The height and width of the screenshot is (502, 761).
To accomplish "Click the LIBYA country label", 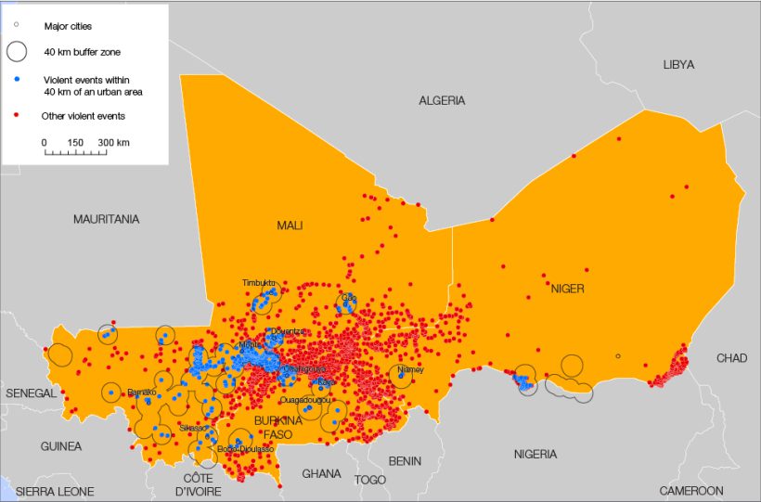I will pyautogui.click(x=677, y=64).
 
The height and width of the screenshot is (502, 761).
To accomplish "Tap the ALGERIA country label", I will pyautogui.click(x=442, y=100).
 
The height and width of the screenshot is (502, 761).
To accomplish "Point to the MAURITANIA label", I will pyautogui.click(x=107, y=219).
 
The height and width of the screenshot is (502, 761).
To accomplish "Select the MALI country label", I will pyautogui.click(x=290, y=225).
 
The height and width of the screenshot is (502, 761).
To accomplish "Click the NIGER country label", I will pyautogui.click(x=567, y=289).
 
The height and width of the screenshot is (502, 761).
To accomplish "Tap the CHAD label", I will pyautogui.click(x=731, y=358).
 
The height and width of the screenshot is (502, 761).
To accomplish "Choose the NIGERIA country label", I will pyautogui.click(x=535, y=454).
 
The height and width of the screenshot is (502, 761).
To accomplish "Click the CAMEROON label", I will pyautogui.click(x=690, y=490).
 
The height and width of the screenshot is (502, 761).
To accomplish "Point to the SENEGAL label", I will pyautogui.click(x=31, y=393).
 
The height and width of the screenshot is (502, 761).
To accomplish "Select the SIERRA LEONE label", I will pyautogui.click(x=56, y=490).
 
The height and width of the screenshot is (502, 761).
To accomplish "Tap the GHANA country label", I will pyautogui.click(x=321, y=473).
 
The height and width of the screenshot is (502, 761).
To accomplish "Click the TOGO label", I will pyautogui.click(x=369, y=480).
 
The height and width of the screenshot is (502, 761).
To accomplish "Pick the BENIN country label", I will pyautogui.click(x=404, y=460).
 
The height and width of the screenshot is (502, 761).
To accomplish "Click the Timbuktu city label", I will pyautogui.click(x=259, y=282).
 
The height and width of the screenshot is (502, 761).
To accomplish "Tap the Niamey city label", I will pyautogui.click(x=409, y=369).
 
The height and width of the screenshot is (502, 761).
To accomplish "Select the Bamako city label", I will pyautogui.click(x=142, y=393).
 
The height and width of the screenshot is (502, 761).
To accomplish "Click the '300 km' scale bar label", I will pyautogui.click(x=113, y=142).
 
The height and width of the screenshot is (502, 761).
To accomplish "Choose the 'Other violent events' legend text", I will pyautogui.click(x=83, y=116).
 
